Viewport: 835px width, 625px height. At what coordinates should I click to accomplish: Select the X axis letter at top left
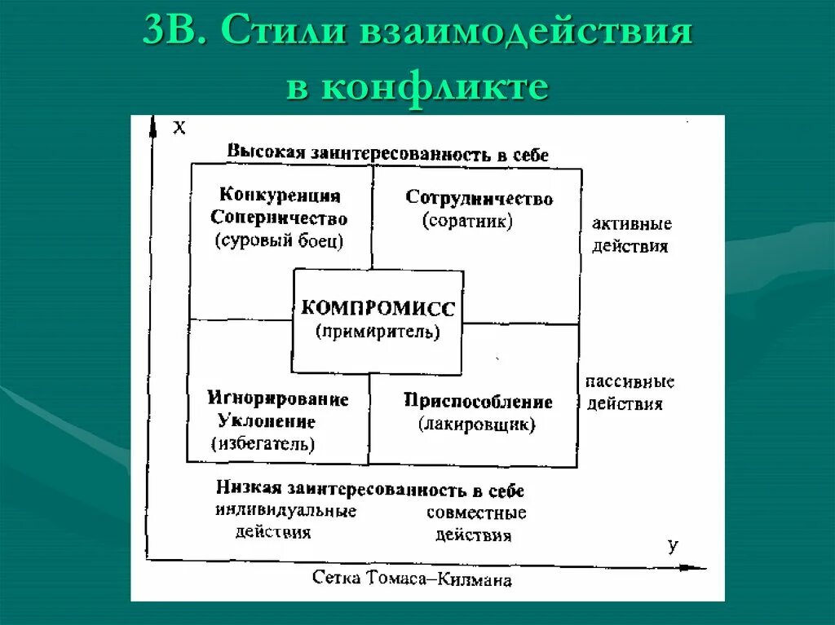(x=179, y=126)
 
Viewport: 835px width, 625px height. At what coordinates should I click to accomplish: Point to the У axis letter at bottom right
(x=673, y=545)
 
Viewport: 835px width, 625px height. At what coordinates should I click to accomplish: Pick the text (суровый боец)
(x=279, y=240)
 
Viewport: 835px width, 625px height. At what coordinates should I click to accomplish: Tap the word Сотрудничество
(x=479, y=198)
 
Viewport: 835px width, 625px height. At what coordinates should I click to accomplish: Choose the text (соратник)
(x=467, y=221)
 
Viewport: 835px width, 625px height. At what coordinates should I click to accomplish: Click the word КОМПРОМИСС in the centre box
(x=378, y=308)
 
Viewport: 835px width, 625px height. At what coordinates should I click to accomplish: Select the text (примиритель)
(x=378, y=331)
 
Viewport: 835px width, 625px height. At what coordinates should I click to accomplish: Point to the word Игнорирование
(x=277, y=399)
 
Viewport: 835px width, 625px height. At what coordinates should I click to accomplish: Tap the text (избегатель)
(x=263, y=444)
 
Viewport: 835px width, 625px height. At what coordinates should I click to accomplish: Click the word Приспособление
(x=477, y=401)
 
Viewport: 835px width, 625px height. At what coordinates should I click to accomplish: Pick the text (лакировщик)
(x=477, y=424)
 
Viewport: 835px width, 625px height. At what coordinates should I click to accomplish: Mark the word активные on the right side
(x=632, y=223)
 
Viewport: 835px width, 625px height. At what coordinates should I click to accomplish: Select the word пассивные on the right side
(x=630, y=381)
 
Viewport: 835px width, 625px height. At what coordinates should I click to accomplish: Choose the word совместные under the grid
(x=476, y=513)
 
